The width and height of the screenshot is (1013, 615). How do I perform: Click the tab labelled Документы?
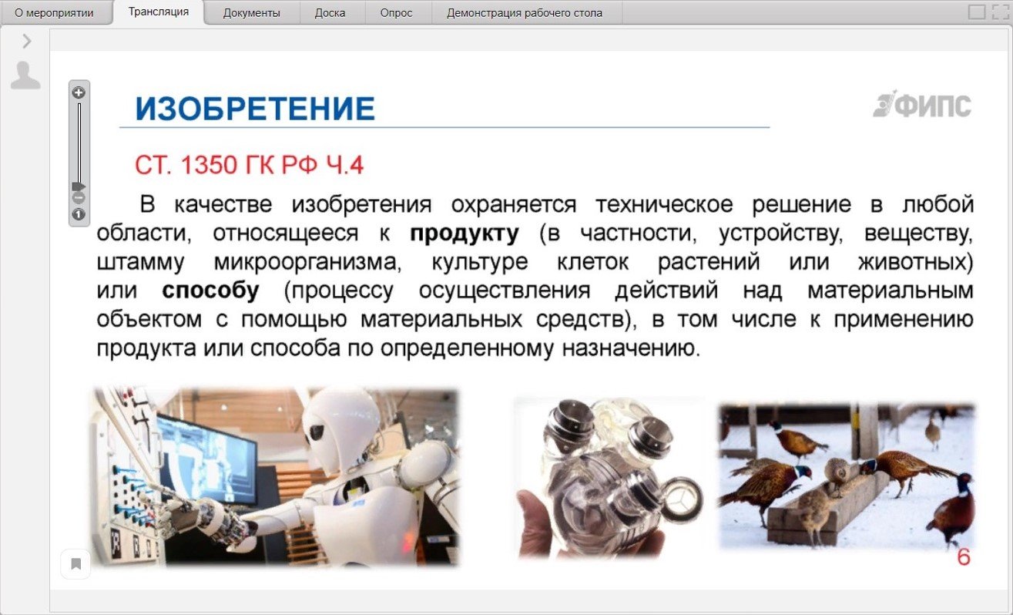tap(251, 12)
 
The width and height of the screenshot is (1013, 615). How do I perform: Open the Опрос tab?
tap(396, 12)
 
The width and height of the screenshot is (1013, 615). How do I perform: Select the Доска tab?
tap(330, 12)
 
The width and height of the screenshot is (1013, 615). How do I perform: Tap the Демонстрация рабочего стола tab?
tap(525, 12)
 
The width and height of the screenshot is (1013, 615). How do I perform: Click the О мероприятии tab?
tap(54, 12)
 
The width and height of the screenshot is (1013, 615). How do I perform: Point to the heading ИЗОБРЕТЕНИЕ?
tap(255, 109)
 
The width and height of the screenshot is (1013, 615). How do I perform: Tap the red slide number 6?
tap(964, 557)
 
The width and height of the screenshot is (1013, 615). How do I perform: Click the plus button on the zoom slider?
tap(79, 92)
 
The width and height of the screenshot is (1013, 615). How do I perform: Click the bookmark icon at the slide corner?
tap(75, 564)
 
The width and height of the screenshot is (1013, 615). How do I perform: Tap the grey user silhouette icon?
tap(25, 75)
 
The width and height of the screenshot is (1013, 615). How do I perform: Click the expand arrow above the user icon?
tap(27, 41)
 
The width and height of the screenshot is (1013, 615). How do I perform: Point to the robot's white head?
tap(341, 421)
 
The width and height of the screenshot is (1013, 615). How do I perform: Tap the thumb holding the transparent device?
tap(536, 516)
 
